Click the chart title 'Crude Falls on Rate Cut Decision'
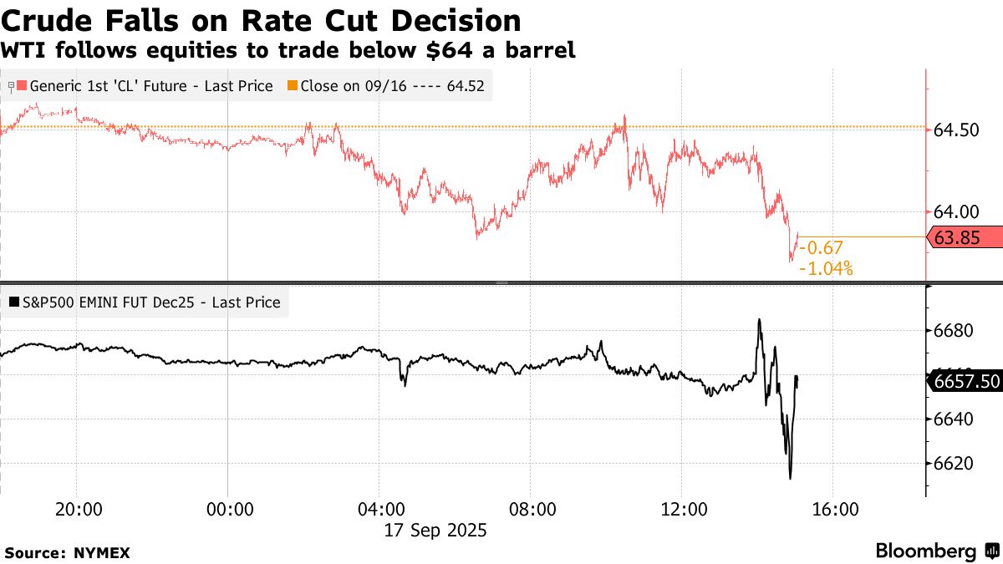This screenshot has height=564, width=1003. [x=262, y=20]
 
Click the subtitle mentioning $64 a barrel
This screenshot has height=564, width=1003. [x=288, y=51]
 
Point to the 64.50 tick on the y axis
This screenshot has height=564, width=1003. [x=956, y=130]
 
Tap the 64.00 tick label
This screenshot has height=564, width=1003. [x=956, y=212]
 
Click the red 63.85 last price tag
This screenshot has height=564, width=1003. [x=965, y=237]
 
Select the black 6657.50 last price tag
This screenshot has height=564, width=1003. [x=965, y=382]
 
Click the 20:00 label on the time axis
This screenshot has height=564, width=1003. [x=77, y=510]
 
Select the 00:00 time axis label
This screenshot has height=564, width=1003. [x=228, y=510]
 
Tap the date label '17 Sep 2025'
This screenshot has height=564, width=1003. [x=435, y=530]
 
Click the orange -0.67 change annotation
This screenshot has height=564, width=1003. [x=821, y=247]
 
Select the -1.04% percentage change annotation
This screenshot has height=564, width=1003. [x=826, y=268]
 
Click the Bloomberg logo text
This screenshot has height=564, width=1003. [x=926, y=551]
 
